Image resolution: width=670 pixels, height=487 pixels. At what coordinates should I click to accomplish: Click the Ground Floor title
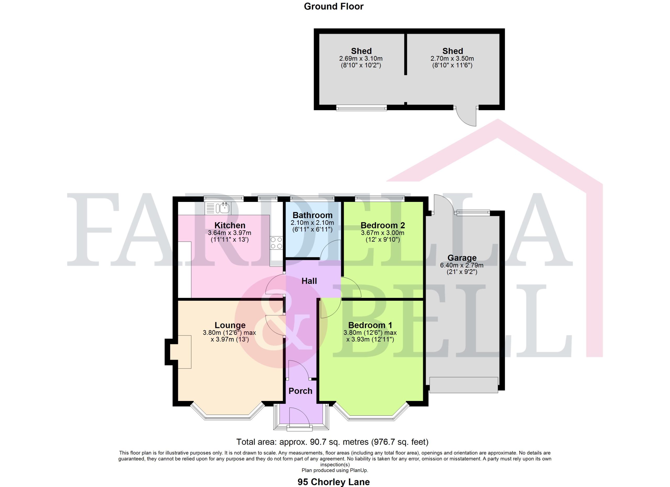coord(333,7)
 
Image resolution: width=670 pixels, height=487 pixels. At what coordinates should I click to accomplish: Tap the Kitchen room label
coord(230,225)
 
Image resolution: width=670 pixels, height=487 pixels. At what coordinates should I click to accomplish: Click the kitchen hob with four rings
coord(276,243)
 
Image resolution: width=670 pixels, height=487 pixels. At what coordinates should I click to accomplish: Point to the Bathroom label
coord(312,215)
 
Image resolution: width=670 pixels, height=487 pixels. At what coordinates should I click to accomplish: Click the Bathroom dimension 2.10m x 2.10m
coord(312,223)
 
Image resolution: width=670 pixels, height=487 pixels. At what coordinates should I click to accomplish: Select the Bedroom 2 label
coord(383,225)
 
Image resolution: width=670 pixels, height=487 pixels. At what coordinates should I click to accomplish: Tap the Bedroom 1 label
coord(370,325)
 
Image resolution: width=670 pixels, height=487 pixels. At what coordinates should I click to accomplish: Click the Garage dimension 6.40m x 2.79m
coord(462,265)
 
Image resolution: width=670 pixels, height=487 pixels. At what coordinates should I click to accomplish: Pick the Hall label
coord(309,281)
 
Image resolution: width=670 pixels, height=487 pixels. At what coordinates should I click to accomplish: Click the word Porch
coord(300,391)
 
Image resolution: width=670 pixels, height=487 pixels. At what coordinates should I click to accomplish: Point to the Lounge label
coord(230,325)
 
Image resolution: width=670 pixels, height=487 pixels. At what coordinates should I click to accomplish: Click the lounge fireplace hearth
coord(184,352)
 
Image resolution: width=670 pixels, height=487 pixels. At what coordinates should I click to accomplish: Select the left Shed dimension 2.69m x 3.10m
coord(361,58)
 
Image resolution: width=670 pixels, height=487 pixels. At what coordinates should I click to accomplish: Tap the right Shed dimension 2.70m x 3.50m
coord(452,58)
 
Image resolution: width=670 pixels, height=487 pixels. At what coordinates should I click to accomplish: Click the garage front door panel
coord(464,385)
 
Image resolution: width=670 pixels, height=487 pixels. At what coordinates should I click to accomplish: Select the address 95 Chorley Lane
coord(333,482)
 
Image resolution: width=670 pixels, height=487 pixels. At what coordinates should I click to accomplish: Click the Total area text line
coord(332,442)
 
